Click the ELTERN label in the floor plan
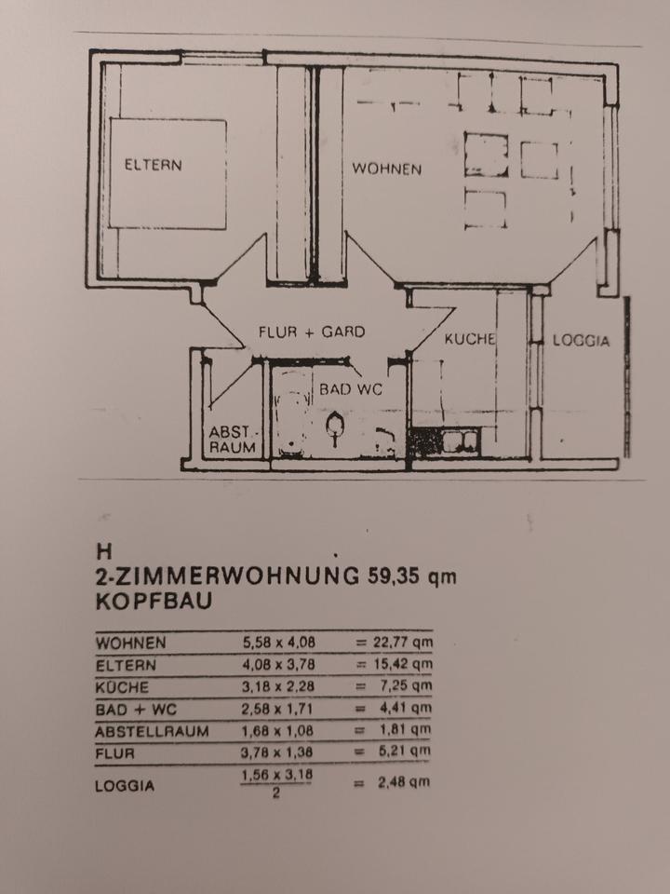154,166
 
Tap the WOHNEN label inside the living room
386,169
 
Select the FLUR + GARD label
312,332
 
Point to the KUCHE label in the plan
469,339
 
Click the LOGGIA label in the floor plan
582,341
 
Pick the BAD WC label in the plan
351,389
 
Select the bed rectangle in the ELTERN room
167,173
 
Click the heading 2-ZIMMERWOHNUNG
225,576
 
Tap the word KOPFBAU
154,601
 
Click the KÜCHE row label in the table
122,687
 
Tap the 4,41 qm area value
405,709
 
